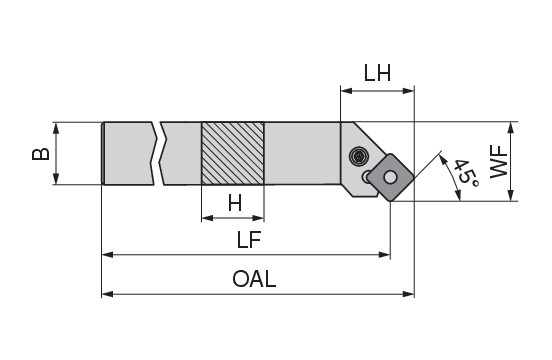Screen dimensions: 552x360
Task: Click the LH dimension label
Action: [x=377, y=73]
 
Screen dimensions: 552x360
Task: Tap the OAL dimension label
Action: [x=254, y=279]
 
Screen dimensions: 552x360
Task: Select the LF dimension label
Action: [x=249, y=240]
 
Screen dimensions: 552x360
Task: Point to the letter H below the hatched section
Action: [x=235, y=203]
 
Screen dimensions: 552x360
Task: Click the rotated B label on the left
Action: [x=41, y=154]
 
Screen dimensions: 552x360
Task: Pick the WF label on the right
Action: [x=499, y=162]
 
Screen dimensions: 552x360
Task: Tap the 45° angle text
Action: [x=465, y=173]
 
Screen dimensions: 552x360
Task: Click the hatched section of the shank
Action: [x=233, y=153]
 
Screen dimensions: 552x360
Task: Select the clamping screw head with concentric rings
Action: [x=359, y=156]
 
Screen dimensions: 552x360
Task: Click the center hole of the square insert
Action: [x=390, y=177]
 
